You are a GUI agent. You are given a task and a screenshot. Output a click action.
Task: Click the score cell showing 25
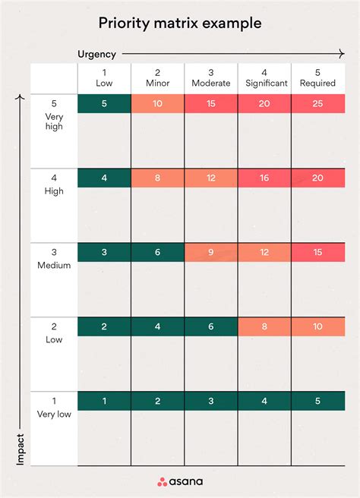pyautogui.click(x=318, y=103)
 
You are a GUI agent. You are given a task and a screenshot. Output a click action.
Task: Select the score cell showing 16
pyautogui.click(x=264, y=178)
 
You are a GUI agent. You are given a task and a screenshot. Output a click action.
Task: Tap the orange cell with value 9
pyautogui.click(x=211, y=252)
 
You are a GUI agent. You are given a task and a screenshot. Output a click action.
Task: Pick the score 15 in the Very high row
pyautogui.click(x=211, y=103)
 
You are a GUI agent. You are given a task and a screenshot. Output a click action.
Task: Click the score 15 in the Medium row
pyautogui.click(x=318, y=252)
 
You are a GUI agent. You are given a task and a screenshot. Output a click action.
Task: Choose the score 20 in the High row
pyautogui.click(x=318, y=178)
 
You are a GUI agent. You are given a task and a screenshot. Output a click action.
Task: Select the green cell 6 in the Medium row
pyautogui.click(x=158, y=252)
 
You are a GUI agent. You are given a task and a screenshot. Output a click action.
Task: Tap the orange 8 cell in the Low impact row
pyautogui.click(x=264, y=326)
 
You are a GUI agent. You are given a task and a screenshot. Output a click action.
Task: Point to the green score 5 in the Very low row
pyautogui.click(x=318, y=401)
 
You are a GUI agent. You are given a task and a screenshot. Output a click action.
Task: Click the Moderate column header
pyautogui.click(x=211, y=78)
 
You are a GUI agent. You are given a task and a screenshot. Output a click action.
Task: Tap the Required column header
pyautogui.click(x=317, y=78)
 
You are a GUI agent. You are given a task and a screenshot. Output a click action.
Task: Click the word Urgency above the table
pyautogui.click(x=97, y=55)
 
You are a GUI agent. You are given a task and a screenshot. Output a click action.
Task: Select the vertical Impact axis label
pyautogui.click(x=20, y=449)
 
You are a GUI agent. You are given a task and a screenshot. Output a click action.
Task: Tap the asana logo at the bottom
pyautogui.click(x=180, y=481)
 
